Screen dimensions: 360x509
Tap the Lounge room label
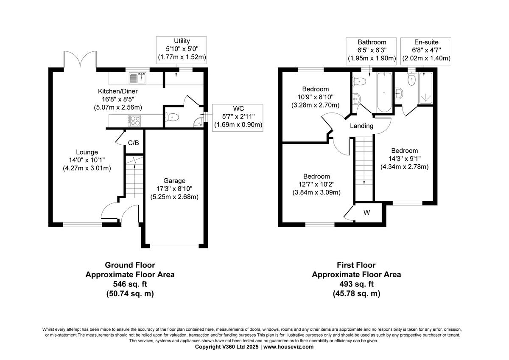pos(87,152)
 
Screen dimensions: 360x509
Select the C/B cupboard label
pos(133,143)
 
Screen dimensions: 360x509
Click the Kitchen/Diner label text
pos(117,91)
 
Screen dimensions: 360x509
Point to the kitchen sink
pos(138,78)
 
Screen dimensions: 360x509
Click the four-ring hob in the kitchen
pos(134,121)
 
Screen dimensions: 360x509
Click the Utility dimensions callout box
pos(182,49)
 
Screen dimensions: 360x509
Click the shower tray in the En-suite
pos(425,89)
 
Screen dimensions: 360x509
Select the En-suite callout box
pos(426,50)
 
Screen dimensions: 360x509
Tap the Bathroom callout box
pos(372,50)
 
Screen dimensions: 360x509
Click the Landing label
pos(361,126)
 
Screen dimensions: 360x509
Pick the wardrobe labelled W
pos(366,213)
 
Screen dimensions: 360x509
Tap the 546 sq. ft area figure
pos(130,284)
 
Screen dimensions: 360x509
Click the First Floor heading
pos(356,265)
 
